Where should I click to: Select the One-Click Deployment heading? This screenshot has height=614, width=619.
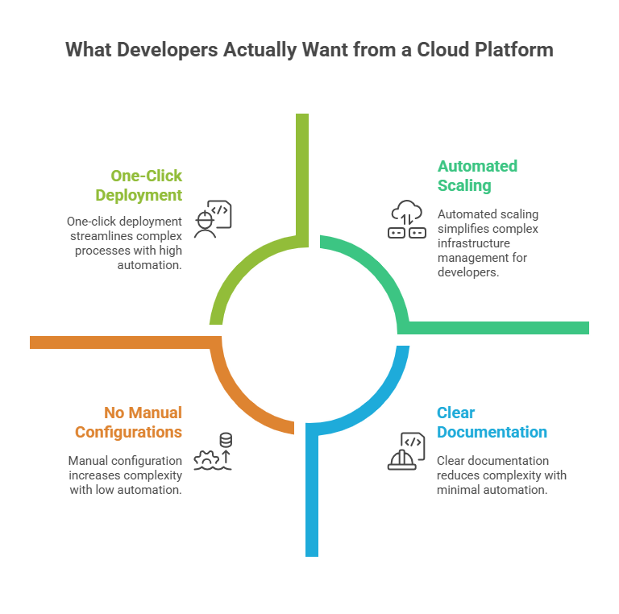pos(139,185)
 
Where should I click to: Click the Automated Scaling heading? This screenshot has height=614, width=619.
pos(477,176)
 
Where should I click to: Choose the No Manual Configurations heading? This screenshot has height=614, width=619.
pos(128,422)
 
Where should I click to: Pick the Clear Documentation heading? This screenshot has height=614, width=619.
pos(492,422)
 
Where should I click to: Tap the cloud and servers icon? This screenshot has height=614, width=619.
pos(407,220)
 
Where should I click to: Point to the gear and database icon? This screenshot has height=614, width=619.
pos(217,451)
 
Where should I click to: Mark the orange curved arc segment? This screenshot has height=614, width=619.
pos(242,395)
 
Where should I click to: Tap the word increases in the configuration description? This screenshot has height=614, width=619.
pos(94,475)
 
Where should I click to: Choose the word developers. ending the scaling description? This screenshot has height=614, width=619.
pos(467,272)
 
